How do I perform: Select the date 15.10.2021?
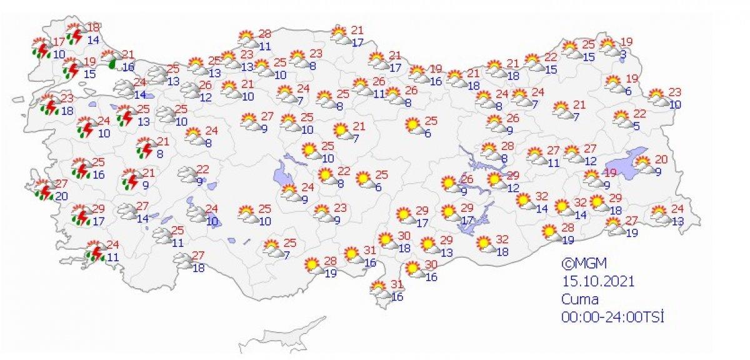coord(597,281)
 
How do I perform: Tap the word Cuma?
coord(579,299)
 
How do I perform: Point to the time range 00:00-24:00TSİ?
coord(611,317)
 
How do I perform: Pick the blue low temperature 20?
coord(62,196)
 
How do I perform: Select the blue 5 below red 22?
coord(636,127)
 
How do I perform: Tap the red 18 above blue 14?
coord(93,27)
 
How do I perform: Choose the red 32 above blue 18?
coord(501,239)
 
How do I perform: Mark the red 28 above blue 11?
coord(265,33)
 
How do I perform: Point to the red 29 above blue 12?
coord(513,175)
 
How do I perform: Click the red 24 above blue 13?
coord(677,208)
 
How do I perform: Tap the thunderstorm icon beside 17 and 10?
coord(42,49)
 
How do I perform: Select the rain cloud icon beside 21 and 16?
coord(112,59)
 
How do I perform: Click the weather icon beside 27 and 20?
coord(42,191)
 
